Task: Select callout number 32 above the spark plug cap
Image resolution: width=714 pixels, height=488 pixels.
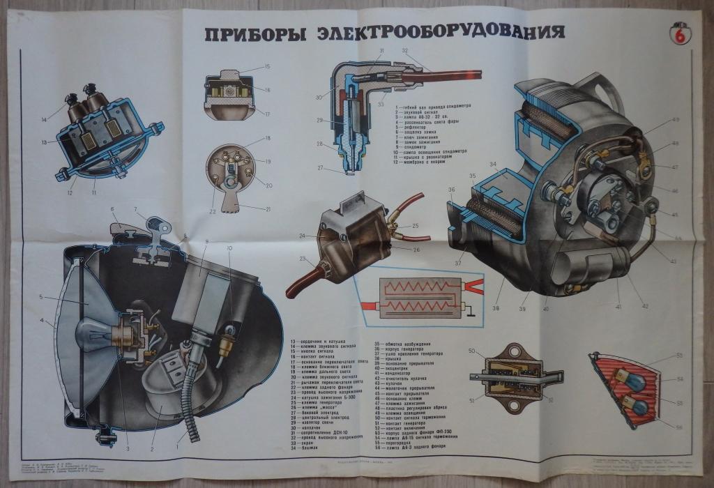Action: point(404,51)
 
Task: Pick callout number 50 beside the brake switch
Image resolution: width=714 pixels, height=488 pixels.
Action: point(472,351)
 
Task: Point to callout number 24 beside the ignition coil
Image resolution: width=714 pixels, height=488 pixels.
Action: point(302,236)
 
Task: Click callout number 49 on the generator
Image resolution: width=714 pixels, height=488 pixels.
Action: point(675,120)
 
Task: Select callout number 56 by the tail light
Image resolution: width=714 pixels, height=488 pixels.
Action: point(680,426)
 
